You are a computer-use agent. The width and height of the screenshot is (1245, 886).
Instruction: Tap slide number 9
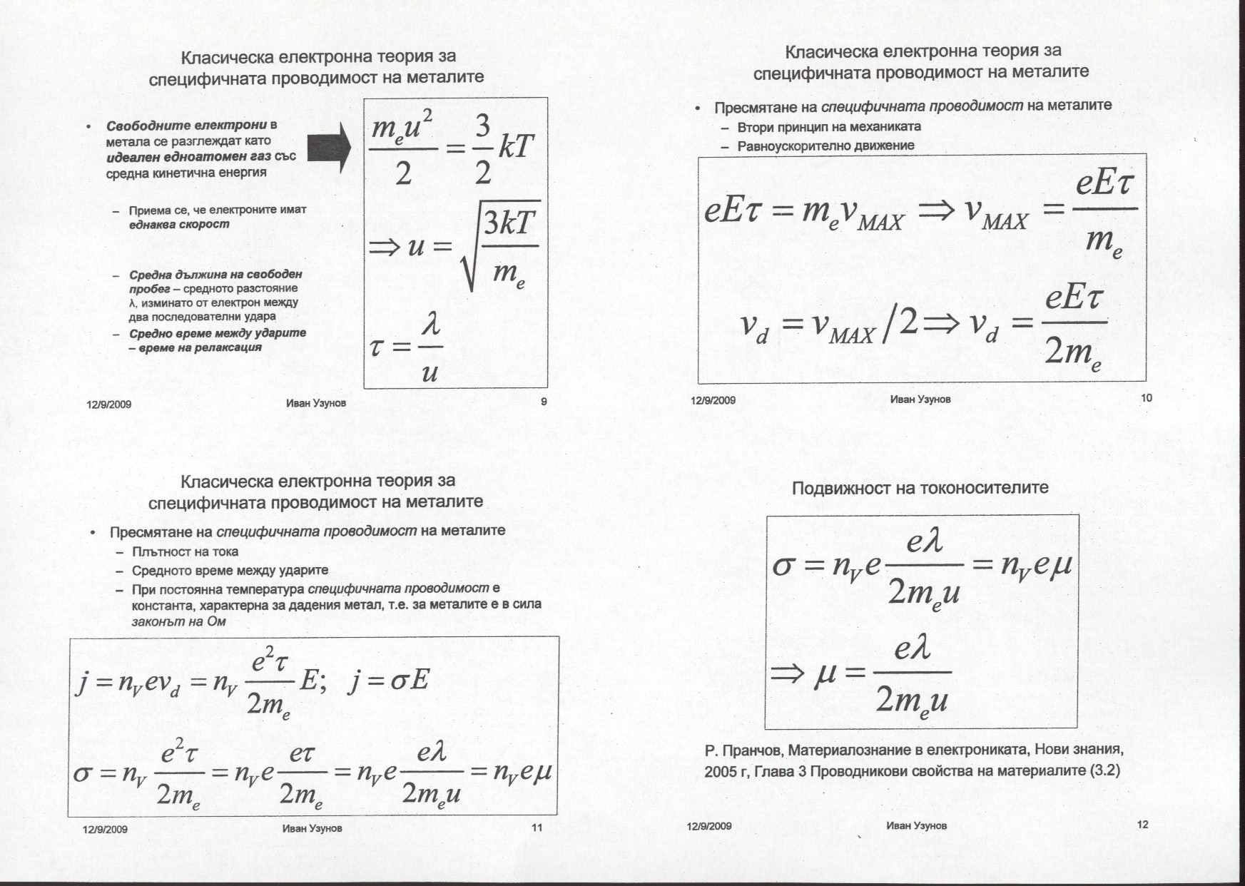[544, 402]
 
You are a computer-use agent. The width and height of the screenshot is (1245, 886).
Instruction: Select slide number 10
[1147, 397]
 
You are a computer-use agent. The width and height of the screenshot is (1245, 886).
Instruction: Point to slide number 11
[537, 828]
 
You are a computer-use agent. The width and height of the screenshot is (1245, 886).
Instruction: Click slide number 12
[1142, 825]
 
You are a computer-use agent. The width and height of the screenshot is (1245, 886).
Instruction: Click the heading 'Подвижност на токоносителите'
[920, 488]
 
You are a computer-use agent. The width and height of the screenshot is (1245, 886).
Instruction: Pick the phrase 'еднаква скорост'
[179, 224]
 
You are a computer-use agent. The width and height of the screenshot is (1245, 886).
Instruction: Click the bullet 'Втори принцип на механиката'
[828, 127]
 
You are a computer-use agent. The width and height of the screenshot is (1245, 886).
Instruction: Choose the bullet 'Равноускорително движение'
[825, 146]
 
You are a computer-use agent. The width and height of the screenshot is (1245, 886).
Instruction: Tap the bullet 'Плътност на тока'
[185, 551]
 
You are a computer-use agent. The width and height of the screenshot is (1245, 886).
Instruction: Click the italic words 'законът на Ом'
[179, 621]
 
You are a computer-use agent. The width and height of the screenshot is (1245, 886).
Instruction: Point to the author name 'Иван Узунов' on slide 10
[920, 399]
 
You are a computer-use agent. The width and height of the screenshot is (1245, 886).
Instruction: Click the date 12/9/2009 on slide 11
[105, 829]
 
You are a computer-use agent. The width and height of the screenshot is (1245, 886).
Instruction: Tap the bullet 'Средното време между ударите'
[230, 571]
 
